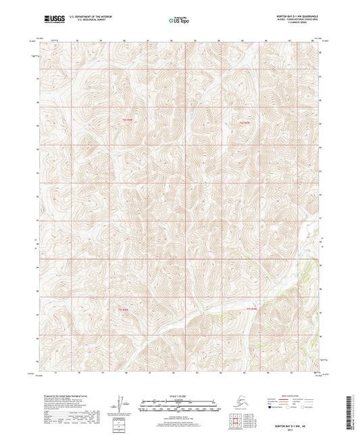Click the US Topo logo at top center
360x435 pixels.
[x=179, y=20]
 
